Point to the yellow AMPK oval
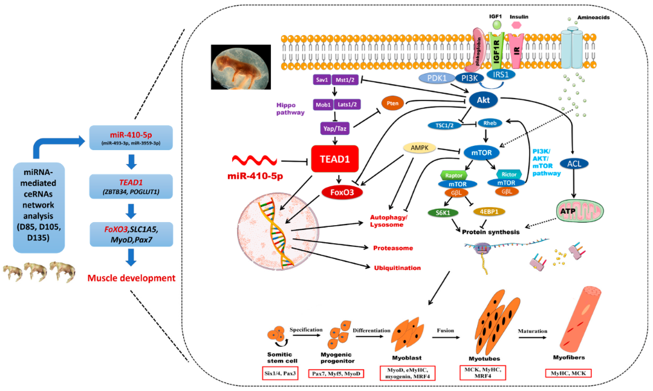point(420,148)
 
